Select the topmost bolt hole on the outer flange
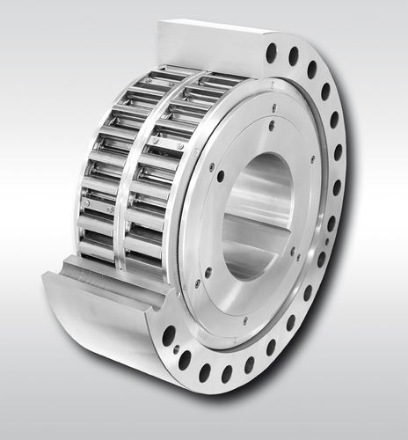(x=272, y=55)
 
